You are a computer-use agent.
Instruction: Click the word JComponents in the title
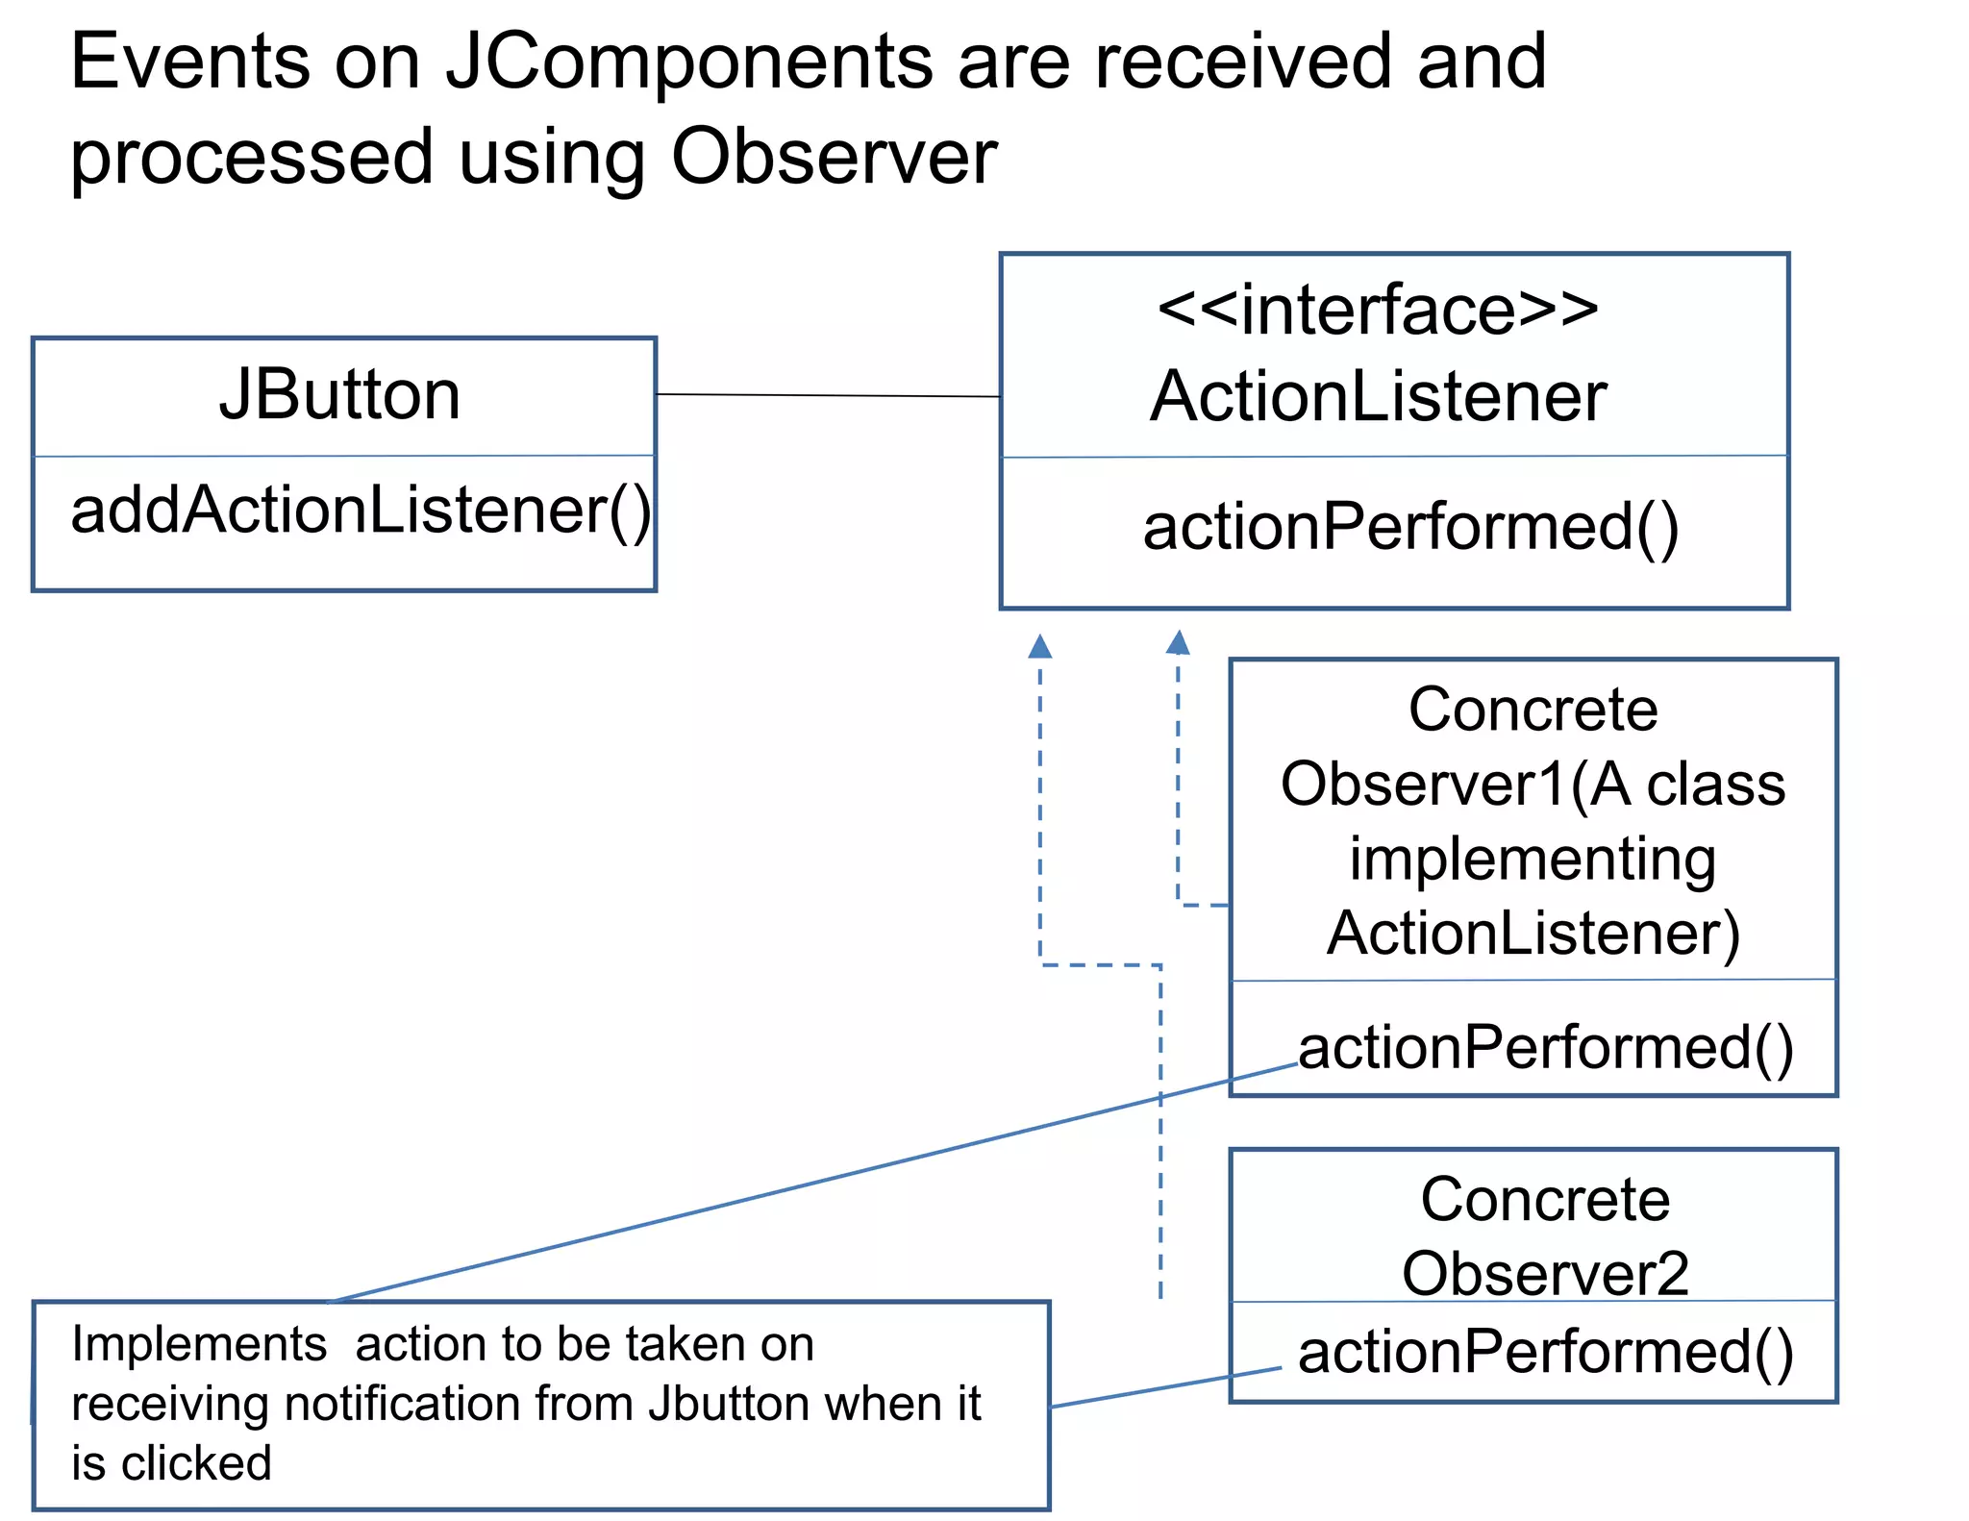688,62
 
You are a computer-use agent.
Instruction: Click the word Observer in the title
834,157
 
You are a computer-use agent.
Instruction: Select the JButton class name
339,395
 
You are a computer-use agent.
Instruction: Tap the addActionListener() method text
361,510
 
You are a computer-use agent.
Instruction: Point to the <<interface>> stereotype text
1378,310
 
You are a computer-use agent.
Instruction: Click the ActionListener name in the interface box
1378,396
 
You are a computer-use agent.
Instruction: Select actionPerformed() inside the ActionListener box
1410,527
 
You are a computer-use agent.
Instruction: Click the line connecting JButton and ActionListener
827,395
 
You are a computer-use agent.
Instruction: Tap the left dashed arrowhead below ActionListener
1039,646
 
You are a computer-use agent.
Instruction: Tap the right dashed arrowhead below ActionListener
1178,642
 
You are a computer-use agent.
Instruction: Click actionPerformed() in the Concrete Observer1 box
1546,1047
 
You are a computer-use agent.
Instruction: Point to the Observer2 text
1545,1273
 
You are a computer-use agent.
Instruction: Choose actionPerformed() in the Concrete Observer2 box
1546,1352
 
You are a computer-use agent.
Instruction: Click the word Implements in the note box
199,1344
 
